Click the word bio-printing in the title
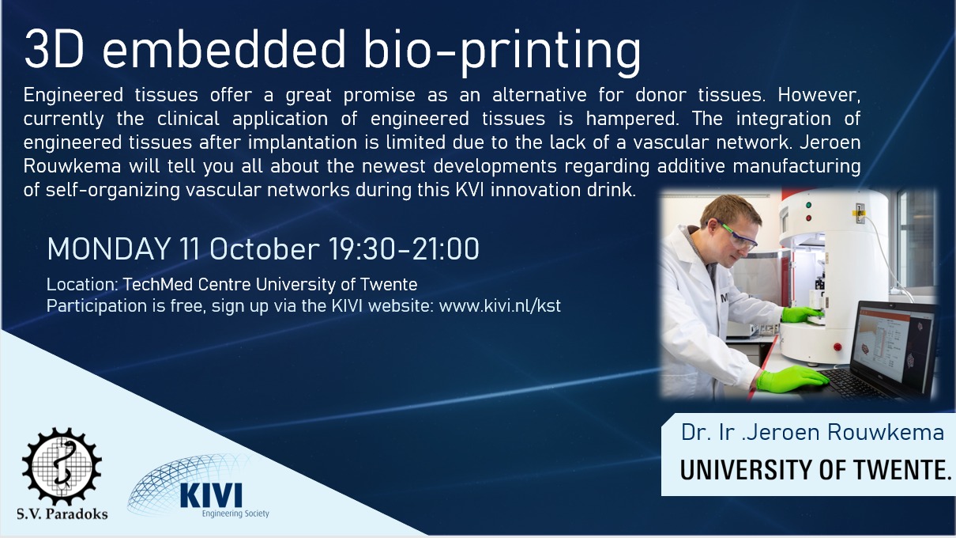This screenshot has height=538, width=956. pos(502,52)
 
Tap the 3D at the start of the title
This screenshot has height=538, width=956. pos(54,50)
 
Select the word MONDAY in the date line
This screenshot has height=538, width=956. pos(108,248)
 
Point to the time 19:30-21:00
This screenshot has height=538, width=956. pos(404,248)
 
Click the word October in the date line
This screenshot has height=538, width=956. pos(264,248)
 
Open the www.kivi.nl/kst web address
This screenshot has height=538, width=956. pos(500,306)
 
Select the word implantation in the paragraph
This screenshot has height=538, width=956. pos(302,142)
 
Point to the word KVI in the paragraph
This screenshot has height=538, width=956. pos(469,190)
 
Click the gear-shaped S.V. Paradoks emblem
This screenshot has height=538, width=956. pos(62,467)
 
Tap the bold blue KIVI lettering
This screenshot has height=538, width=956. pos(211,495)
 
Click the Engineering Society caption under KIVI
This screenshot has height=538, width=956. pos(235,513)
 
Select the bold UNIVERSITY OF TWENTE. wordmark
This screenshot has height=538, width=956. pos(815,470)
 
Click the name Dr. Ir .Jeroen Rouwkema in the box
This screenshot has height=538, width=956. pos(812,433)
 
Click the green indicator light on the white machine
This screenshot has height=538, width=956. pos(808,205)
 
